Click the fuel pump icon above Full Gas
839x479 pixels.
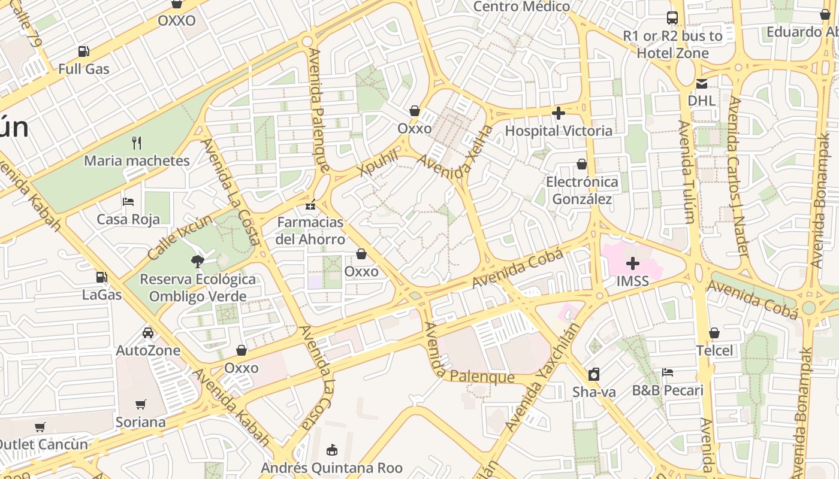84,52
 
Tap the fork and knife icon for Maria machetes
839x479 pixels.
137,143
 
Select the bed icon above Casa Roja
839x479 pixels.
128,202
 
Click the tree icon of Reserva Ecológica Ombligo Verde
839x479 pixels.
197,261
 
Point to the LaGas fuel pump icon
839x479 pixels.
102,277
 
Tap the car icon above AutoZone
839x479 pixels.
148,332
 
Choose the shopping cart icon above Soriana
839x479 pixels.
141,404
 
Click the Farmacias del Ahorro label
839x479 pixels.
310,231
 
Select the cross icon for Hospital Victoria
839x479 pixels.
559,113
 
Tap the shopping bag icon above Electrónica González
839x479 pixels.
581,163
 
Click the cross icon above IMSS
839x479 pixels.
633,263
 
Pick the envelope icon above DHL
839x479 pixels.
701,83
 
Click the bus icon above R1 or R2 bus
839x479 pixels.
672,18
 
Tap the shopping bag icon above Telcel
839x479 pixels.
714,332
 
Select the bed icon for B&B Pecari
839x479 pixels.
668,372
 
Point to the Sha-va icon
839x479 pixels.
594,374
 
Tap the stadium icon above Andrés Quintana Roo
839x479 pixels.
331,449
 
